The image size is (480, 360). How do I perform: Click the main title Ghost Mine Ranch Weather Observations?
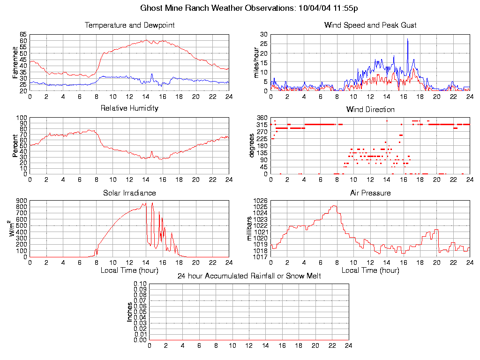coord(249,8)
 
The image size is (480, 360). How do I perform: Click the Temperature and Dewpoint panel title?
coord(129,25)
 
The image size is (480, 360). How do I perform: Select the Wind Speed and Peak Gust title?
coord(370,25)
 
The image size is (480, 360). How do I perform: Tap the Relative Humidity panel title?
coord(129,108)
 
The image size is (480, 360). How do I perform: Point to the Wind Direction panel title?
coord(370,109)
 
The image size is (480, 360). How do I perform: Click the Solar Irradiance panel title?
coord(129,193)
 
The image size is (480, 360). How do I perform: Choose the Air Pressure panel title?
coord(370,193)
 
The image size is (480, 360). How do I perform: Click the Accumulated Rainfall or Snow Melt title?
coord(249,276)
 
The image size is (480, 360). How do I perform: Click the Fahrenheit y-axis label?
coord(15,62)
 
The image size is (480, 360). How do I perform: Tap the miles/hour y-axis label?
coord(256,62)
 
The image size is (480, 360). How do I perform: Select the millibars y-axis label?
coord(249,229)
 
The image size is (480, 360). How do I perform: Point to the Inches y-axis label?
coord(130,312)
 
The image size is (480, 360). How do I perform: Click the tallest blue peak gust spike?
coord(407,39)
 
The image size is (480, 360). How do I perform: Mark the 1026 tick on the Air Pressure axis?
coord(260,201)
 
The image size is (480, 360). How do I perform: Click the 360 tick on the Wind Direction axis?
coord(262,118)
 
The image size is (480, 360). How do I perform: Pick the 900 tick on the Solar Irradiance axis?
coord(21,201)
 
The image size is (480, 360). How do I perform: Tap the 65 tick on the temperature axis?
coord(23,35)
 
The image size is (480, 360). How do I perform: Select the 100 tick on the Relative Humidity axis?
coord(21,118)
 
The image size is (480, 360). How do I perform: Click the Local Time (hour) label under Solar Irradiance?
coord(129,270)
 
